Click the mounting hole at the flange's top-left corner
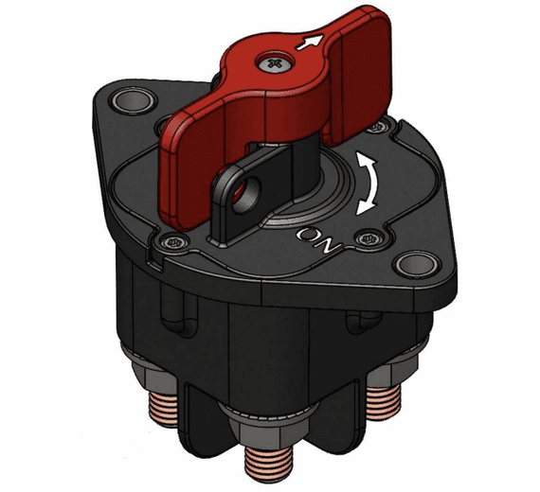(128, 100)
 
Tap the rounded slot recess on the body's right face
(360, 326)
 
